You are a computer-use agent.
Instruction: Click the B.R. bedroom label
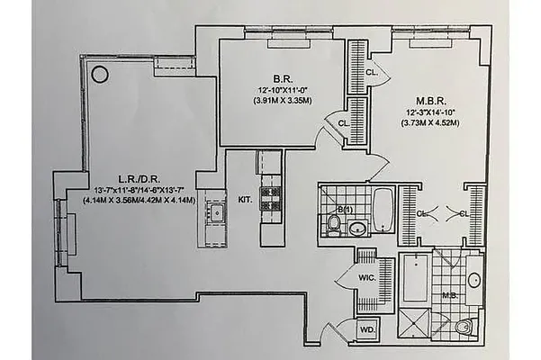tap(267, 77)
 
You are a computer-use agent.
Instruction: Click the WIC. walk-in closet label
tap(367, 277)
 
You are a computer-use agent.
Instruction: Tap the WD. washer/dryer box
tap(368, 330)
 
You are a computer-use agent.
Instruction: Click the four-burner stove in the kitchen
tap(271, 198)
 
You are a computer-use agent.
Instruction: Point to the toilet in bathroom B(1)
tap(334, 225)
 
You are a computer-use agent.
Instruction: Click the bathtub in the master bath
tap(414, 279)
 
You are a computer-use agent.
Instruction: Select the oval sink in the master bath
tap(473, 279)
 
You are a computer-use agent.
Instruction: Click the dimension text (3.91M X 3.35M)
tap(267, 102)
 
